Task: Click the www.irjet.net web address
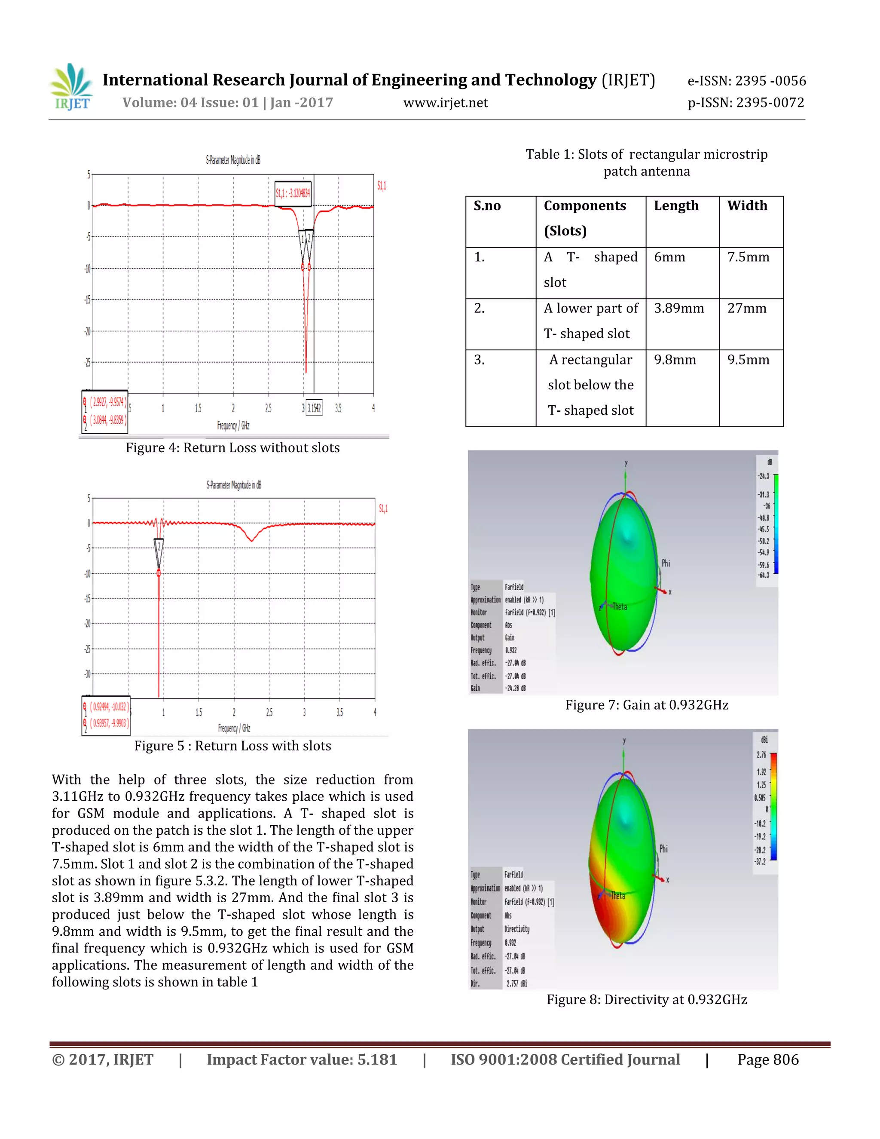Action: pos(445,103)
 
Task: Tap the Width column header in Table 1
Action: pos(747,205)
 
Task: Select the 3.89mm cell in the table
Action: pos(679,308)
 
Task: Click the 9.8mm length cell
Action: pos(675,360)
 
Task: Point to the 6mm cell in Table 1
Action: pos(669,257)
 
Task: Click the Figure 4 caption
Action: pos(232,448)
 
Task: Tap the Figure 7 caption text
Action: pos(646,705)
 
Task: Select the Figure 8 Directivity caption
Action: pos(646,999)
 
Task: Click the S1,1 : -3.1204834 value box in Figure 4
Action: pos(293,193)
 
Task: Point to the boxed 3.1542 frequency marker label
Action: pos(314,408)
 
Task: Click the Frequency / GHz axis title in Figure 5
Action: pos(234,728)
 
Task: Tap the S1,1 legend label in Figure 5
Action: pos(383,508)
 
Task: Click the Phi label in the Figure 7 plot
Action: pos(666,563)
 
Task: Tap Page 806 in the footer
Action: pos(767,1060)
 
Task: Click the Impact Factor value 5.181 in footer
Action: pos(302,1060)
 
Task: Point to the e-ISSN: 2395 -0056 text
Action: pos(746,81)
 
